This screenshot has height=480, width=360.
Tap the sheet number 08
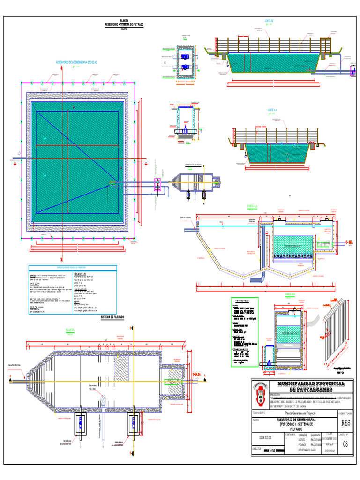[345, 444]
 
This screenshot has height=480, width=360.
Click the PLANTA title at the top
[124, 21]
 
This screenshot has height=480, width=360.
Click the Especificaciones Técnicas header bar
[72, 268]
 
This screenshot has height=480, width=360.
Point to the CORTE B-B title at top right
[269, 21]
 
